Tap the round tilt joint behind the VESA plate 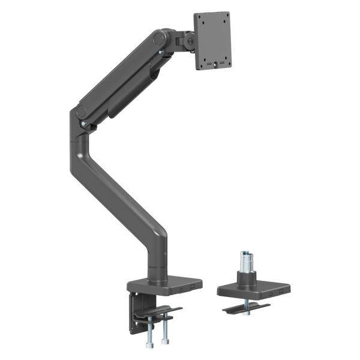(x=189, y=41)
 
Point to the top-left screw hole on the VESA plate (x=203, y=22)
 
